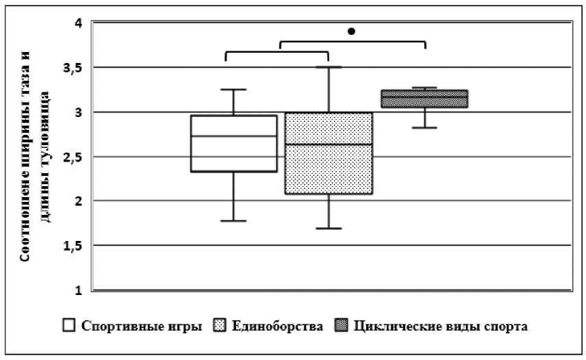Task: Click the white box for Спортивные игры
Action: [233, 143]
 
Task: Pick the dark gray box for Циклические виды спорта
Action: [424, 99]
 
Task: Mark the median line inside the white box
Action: [233, 136]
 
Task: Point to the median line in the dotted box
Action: [329, 144]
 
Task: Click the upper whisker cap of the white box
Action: [233, 90]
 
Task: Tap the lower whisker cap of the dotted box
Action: [329, 228]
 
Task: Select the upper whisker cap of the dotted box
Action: [329, 67]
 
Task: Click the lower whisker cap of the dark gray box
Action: [424, 127]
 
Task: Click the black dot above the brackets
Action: [352, 31]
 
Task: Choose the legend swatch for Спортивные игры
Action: [69, 326]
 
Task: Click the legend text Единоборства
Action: [277, 326]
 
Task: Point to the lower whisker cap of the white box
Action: [233, 220]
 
